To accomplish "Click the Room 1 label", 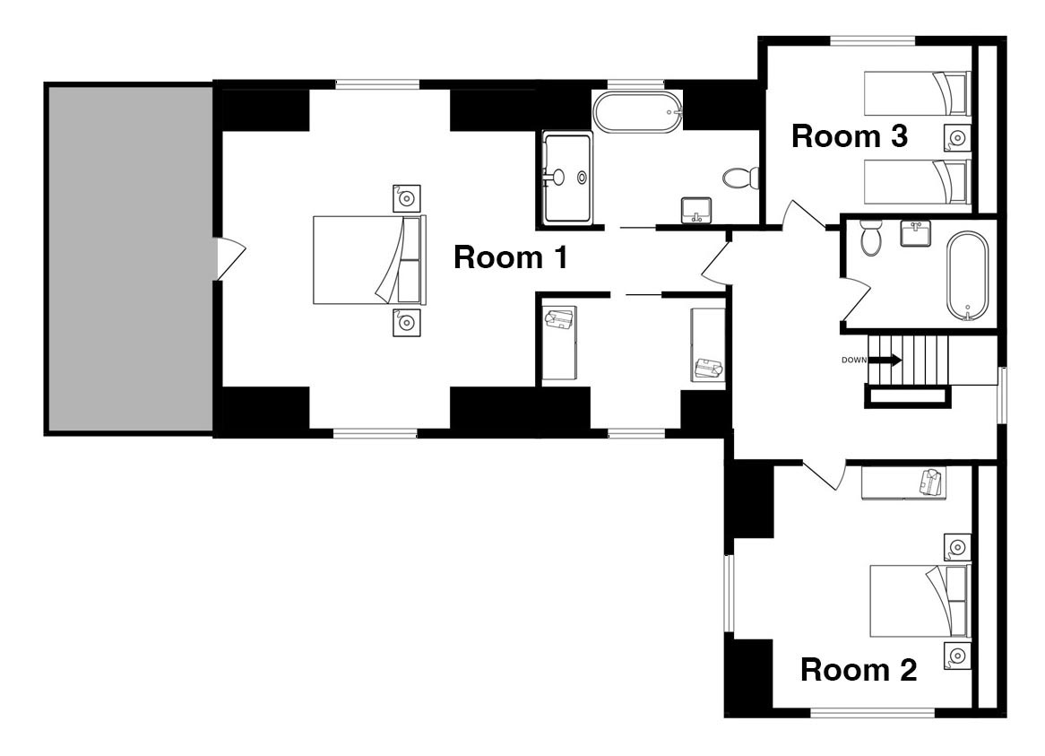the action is click(x=511, y=257).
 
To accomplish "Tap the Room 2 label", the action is click(x=859, y=670).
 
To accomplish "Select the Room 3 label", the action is click(x=850, y=136).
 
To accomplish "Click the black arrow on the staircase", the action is click(x=885, y=361).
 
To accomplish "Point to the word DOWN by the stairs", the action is click(x=854, y=360).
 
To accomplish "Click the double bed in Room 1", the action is click(x=369, y=260).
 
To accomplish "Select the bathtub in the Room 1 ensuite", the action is click(x=638, y=113).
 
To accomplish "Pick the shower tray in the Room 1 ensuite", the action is click(x=567, y=178).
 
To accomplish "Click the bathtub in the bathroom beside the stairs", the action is click(x=968, y=277).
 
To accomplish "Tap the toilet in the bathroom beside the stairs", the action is click(x=870, y=238).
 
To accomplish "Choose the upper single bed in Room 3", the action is click(x=917, y=93).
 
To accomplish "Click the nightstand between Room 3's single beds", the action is click(x=957, y=138).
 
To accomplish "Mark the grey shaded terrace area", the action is click(x=129, y=258).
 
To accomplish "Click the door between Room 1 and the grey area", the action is click(x=230, y=259).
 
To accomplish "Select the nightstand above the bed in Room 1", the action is click(x=407, y=198).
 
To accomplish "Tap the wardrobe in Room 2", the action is click(x=903, y=482).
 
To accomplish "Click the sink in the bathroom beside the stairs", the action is click(x=916, y=233).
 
